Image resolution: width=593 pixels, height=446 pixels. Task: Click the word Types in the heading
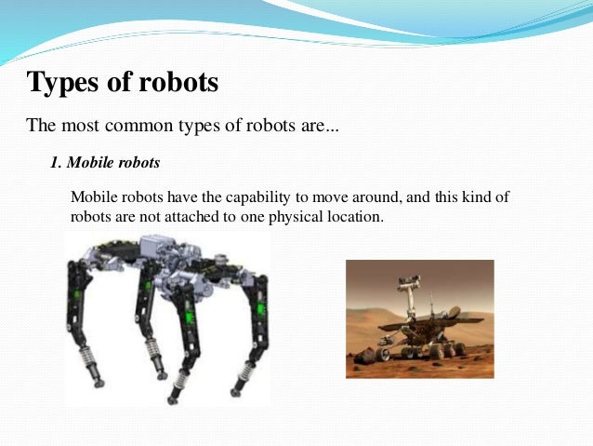click(x=65, y=83)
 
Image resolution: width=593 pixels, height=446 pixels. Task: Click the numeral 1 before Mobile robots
click(x=55, y=163)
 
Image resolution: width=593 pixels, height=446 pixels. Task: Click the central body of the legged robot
click(x=177, y=265)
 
